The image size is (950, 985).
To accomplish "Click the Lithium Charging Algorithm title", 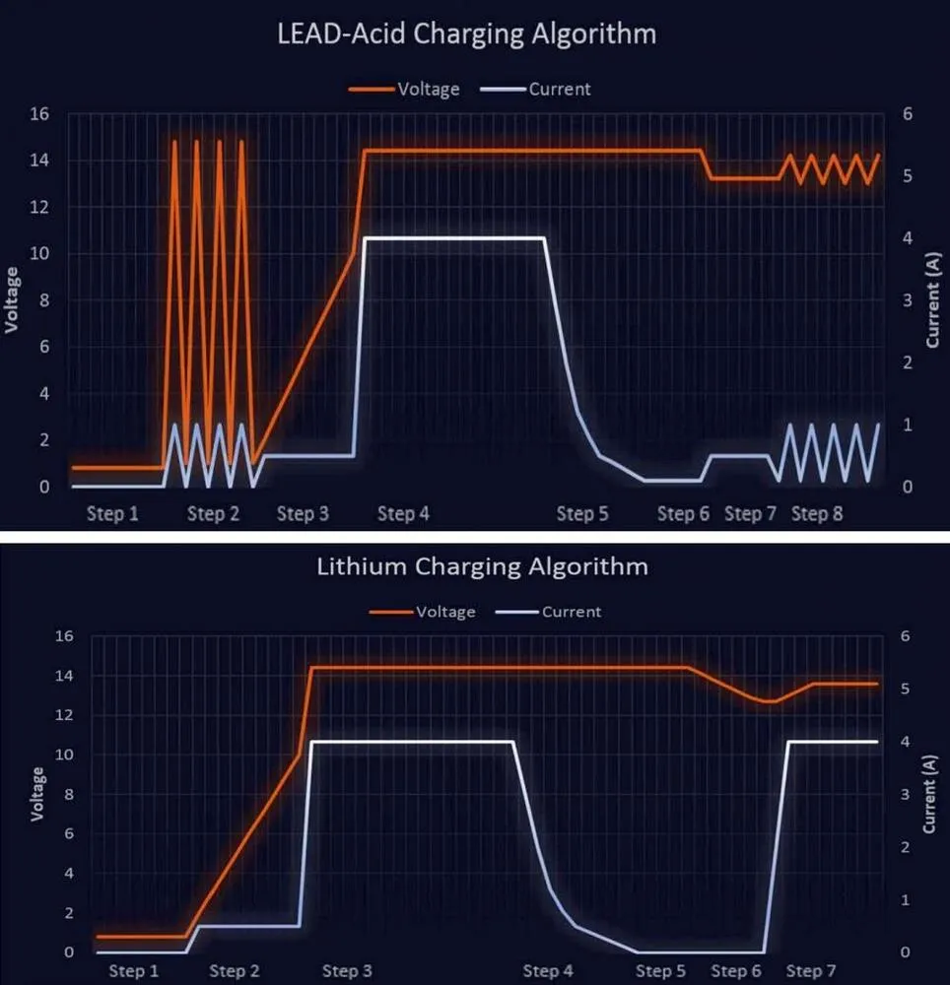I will [x=482, y=566].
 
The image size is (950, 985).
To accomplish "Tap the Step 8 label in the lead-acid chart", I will [x=817, y=513].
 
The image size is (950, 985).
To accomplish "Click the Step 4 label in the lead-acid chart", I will [x=403, y=513].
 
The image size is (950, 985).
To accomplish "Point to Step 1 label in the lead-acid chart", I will [x=112, y=513].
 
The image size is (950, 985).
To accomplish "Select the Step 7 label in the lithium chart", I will [x=811, y=971].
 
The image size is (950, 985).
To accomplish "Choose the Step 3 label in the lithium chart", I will [x=347, y=971].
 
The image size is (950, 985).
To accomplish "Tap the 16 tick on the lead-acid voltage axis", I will [x=39, y=113].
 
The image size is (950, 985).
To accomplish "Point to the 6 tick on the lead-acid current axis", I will [x=909, y=113].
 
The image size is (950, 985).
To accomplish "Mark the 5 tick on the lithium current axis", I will [x=905, y=689].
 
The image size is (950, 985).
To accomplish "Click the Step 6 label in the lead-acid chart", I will [x=683, y=513].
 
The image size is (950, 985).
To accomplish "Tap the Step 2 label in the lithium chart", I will [x=235, y=971].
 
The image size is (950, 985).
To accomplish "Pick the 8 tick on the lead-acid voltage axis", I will [x=44, y=299].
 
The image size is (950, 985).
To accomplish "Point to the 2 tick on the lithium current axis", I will [x=905, y=847].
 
